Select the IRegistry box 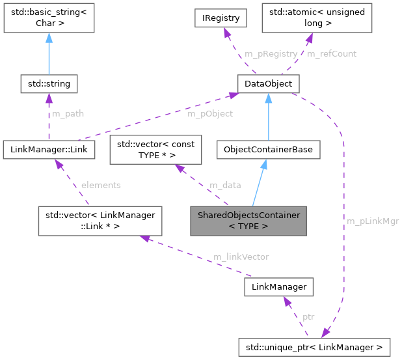click(221, 18)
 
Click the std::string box click(49, 84)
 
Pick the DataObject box click(269, 84)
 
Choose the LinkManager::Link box click(49, 150)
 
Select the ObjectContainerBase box click(269, 150)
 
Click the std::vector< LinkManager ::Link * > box click(90, 221)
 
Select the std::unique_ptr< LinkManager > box click(315, 346)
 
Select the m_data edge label click(224, 185)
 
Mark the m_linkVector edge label click(241, 256)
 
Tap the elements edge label click(101, 185)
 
